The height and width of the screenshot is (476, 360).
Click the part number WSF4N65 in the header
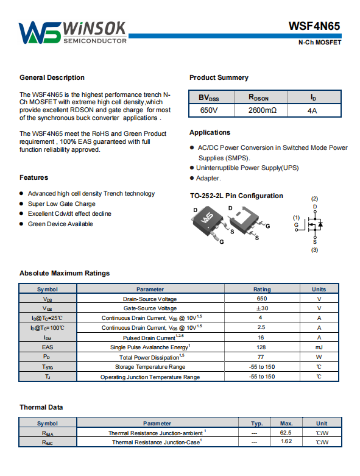click(x=314, y=26)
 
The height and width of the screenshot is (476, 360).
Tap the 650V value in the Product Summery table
click(x=209, y=110)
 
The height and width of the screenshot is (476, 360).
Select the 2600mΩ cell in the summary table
click(x=263, y=110)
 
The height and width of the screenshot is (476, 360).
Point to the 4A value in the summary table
click(x=312, y=110)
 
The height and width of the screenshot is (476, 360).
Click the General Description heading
click(x=52, y=77)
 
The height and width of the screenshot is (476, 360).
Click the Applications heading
click(x=210, y=132)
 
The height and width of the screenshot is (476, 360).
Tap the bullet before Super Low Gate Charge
click(x=21, y=204)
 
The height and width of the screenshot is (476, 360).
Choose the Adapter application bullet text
click(x=208, y=178)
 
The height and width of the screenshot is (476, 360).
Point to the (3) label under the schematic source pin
click(x=314, y=250)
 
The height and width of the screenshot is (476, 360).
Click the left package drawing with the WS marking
click(x=209, y=224)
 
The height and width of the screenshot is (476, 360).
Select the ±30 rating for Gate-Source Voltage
click(x=262, y=308)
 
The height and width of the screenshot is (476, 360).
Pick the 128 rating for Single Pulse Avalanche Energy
click(x=261, y=347)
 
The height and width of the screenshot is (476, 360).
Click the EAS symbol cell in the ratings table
click(x=48, y=347)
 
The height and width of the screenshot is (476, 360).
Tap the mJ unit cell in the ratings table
click(x=319, y=347)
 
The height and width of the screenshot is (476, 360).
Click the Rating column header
click(x=262, y=290)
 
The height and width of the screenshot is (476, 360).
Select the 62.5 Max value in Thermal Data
click(x=286, y=433)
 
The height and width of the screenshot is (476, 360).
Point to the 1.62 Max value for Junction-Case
click(x=286, y=441)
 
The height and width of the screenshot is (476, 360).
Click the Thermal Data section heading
click(x=41, y=407)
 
